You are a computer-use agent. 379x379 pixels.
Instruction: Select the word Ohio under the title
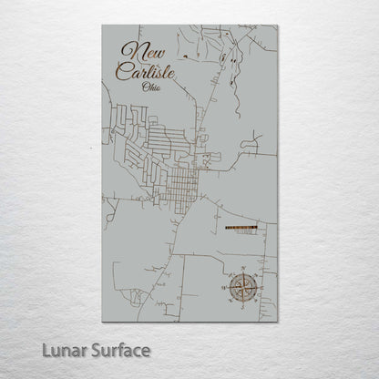tap(152, 87)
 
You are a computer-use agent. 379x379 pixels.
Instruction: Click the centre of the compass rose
tap(243, 286)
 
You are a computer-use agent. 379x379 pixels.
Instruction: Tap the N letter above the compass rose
tap(243, 269)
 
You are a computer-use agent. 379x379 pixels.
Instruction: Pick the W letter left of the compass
tap(225, 286)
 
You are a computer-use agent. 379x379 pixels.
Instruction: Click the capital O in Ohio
tap(145, 87)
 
